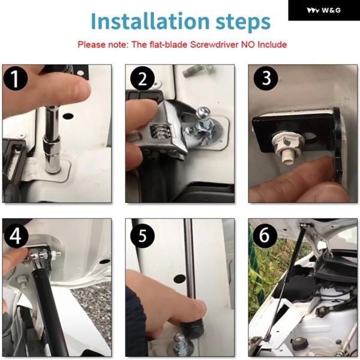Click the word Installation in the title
pos(150,21)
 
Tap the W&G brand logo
pos(324,10)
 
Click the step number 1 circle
pos(16,79)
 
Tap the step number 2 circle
pos(142,79)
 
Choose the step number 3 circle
pos(266,79)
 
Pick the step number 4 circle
pos(16,236)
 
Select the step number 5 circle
pos(142,236)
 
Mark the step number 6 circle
pos(265,236)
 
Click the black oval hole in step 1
pos(68,116)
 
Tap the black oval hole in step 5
pos(180,278)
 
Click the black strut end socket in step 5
pos(193,328)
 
